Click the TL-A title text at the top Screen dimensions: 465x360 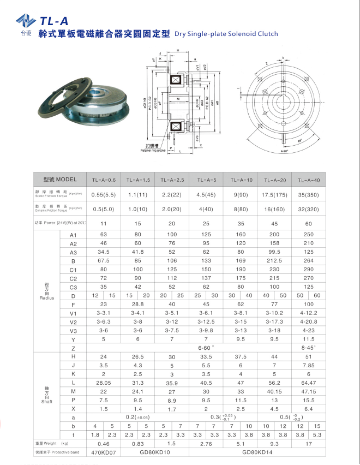[54, 21]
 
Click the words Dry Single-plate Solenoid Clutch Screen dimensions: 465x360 [226, 34]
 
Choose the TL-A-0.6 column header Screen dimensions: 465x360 [104, 180]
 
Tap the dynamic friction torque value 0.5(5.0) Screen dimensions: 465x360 [104, 208]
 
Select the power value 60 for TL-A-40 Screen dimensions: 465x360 [309, 224]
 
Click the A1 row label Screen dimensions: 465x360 [73, 235]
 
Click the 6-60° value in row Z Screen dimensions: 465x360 [206, 347]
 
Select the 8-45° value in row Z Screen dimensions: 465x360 [309, 347]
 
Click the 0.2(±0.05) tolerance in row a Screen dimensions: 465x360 [139, 417]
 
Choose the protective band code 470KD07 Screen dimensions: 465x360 [104, 453]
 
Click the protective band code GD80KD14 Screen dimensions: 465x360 [257, 453]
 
